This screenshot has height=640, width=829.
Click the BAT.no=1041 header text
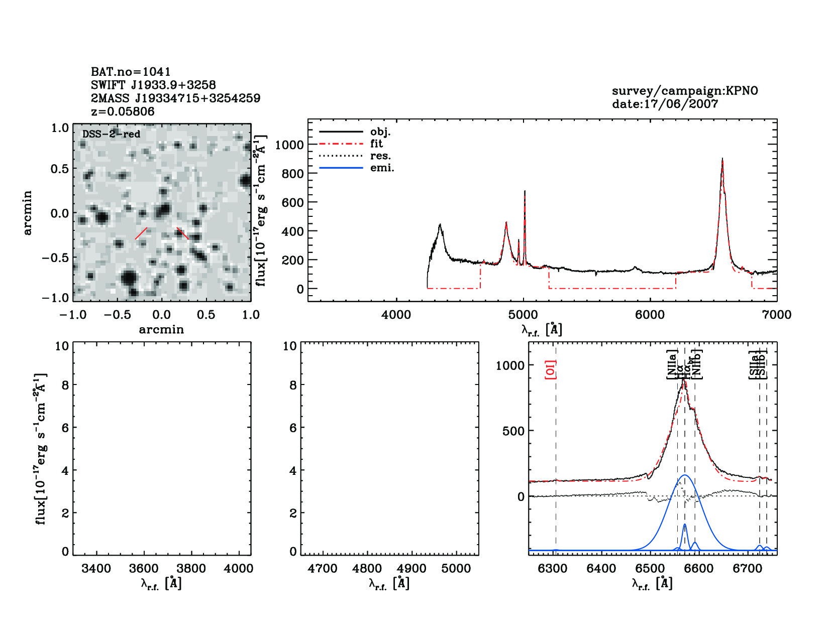pyautogui.click(x=131, y=72)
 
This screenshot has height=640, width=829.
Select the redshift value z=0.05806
pyautogui.click(x=123, y=111)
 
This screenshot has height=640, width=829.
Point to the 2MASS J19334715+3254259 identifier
pyautogui.click(x=175, y=98)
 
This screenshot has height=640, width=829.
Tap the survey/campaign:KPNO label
pyautogui.click(x=685, y=91)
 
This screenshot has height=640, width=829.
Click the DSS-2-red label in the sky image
pyautogui.click(x=111, y=134)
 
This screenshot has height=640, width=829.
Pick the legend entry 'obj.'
pyautogui.click(x=380, y=132)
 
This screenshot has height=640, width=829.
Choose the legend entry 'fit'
pyautogui.click(x=376, y=144)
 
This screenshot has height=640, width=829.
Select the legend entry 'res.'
pyautogui.click(x=380, y=156)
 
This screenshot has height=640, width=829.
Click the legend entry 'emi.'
pyautogui.click(x=382, y=168)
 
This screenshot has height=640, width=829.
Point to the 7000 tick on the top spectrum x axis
pyautogui.click(x=777, y=315)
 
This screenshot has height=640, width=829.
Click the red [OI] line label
pyautogui.click(x=551, y=369)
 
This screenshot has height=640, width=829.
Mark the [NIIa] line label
pyautogui.click(x=672, y=364)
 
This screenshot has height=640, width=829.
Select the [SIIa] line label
pyautogui.click(x=754, y=364)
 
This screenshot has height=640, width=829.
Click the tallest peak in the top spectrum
pyautogui.click(x=722, y=159)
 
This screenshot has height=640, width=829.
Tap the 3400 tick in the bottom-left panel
pyautogui.click(x=96, y=569)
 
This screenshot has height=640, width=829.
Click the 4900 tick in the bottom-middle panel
pyautogui.click(x=411, y=569)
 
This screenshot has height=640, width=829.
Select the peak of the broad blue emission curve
pyautogui.click(x=685, y=475)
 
